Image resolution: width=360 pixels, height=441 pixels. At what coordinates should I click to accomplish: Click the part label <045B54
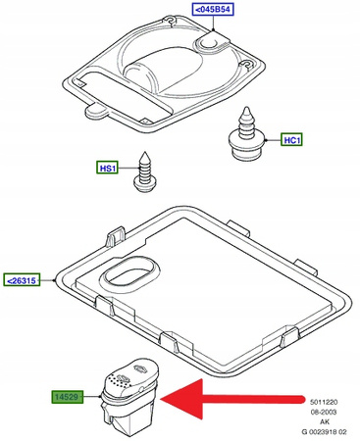tap(213, 10)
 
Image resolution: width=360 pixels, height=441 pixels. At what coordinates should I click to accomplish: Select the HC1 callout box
tap(291, 140)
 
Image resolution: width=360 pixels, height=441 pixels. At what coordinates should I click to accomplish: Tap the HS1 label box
tap(107, 168)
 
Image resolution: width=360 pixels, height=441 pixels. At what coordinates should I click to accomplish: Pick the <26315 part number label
tap(22, 280)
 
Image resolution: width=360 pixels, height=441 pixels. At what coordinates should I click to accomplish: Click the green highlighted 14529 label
tap(67, 397)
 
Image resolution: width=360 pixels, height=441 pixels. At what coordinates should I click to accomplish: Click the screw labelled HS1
tap(145, 172)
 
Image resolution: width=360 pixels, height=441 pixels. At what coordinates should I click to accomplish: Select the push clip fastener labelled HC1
tap(245, 134)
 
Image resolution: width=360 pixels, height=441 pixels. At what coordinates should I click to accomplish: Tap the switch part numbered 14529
tap(130, 397)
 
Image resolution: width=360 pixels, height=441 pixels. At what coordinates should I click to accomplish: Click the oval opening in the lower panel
tap(130, 274)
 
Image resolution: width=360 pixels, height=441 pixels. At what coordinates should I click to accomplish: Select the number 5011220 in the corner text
tap(324, 402)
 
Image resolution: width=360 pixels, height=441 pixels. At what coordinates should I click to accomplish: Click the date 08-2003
tap(324, 412)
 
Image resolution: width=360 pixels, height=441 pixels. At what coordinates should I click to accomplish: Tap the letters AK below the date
tap(325, 421)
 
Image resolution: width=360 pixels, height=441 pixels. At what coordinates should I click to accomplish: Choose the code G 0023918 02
tap(324, 432)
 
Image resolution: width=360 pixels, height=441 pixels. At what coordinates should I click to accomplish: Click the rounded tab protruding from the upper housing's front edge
tap(95, 111)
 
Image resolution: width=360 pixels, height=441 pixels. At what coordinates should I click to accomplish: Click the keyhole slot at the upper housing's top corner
tap(170, 21)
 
